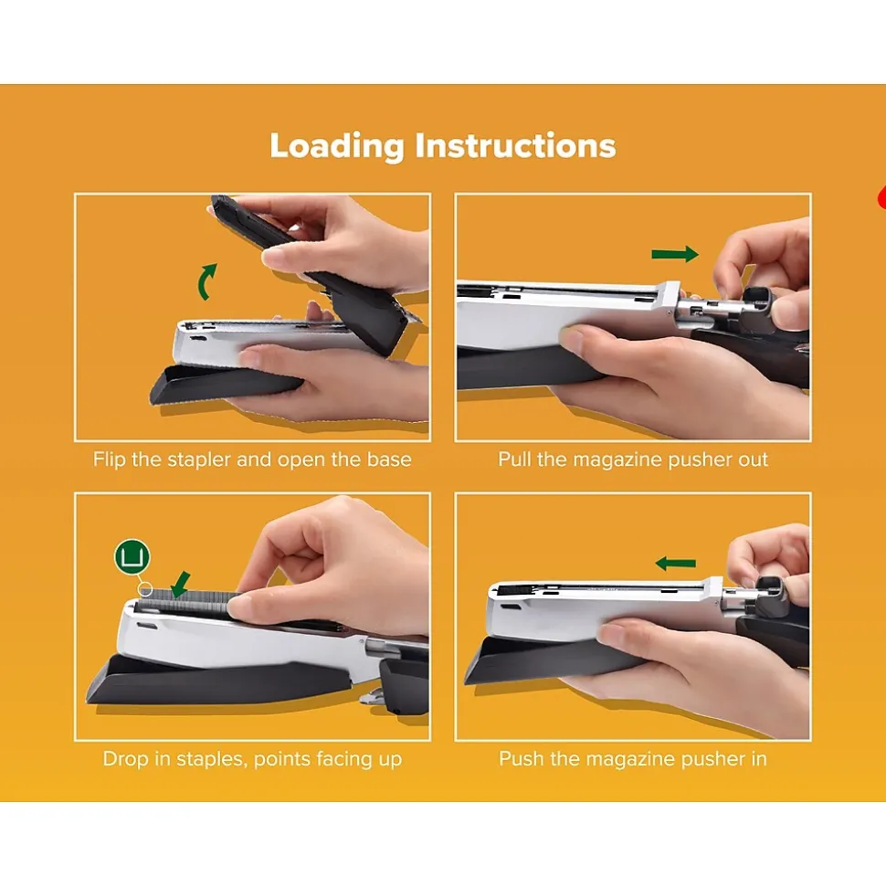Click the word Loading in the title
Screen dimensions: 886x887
point(337,146)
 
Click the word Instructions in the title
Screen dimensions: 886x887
point(515,145)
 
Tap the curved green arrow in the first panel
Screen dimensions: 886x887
point(206,281)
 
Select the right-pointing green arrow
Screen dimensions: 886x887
point(675,254)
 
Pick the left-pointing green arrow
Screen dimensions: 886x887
point(676,564)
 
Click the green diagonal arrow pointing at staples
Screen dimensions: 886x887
point(181,585)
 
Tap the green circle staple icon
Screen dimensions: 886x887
point(132,556)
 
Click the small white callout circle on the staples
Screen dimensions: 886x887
point(145,589)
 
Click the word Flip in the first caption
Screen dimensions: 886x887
point(110,459)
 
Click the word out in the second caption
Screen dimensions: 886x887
point(753,459)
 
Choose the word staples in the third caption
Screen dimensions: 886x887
point(212,759)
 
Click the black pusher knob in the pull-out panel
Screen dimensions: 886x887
point(756,308)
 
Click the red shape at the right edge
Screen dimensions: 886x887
point(881,197)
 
